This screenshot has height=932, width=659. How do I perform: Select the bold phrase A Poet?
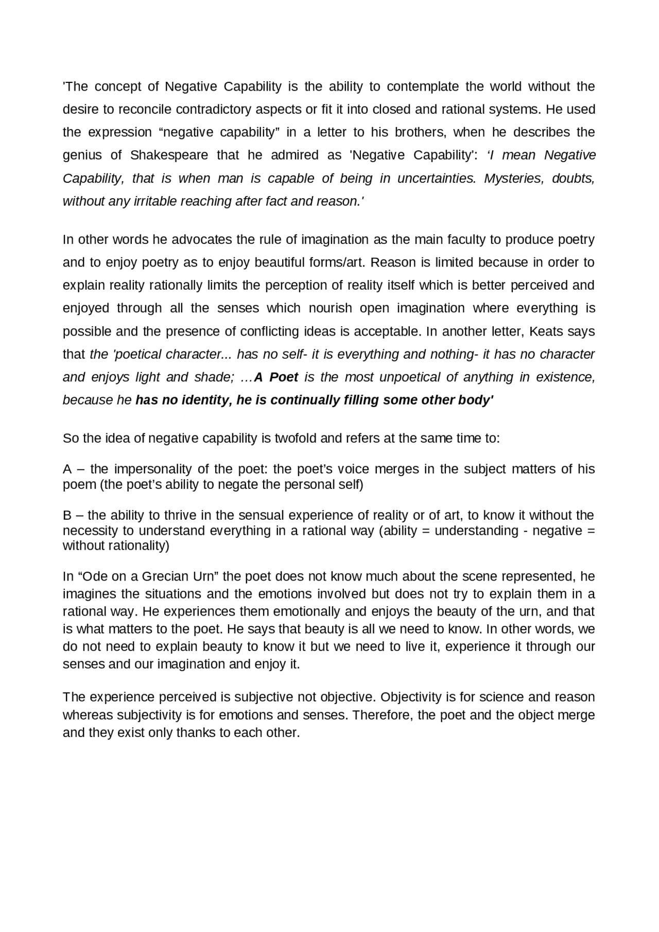coord(276,377)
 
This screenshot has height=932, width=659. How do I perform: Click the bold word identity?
coord(205,400)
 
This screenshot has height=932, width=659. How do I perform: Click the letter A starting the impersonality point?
coord(67,469)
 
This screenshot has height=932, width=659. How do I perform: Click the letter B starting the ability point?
coord(67,516)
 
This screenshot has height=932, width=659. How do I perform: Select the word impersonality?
coord(158,469)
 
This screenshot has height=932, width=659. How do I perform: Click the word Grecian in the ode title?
coord(164,576)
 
